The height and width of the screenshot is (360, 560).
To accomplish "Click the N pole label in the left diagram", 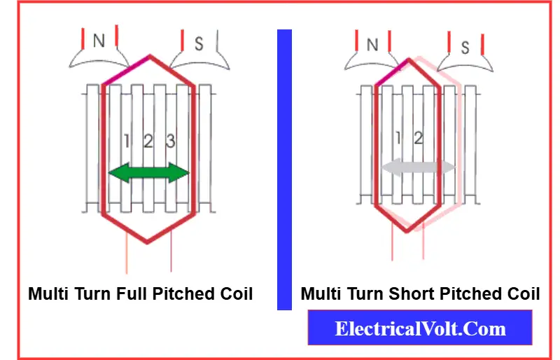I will [x=99, y=41].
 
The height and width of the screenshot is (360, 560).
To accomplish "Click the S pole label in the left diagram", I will [x=199, y=44].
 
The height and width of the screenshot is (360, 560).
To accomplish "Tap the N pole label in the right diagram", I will [x=372, y=45].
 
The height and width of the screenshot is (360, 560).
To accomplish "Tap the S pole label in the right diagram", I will [x=465, y=48].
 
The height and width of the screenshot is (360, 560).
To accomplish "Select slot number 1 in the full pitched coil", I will [x=126, y=141].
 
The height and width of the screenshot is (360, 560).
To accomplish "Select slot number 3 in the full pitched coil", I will [x=169, y=141].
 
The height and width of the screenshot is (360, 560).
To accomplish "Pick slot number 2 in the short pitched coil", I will [x=418, y=138].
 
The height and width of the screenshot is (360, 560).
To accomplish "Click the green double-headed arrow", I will [x=149, y=173].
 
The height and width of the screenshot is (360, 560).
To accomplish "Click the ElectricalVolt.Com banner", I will [x=420, y=328].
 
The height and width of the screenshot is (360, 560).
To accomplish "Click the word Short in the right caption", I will [x=409, y=293].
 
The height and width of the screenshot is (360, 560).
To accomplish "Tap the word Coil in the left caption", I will [x=234, y=293].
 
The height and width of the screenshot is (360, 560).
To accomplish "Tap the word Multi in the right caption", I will [x=321, y=293].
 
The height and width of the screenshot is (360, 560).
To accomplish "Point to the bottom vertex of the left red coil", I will [x=147, y=242].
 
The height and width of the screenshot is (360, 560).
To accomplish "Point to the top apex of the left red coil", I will [x=149, y=56].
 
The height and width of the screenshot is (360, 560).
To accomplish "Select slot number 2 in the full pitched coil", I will [x=148, y=141].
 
